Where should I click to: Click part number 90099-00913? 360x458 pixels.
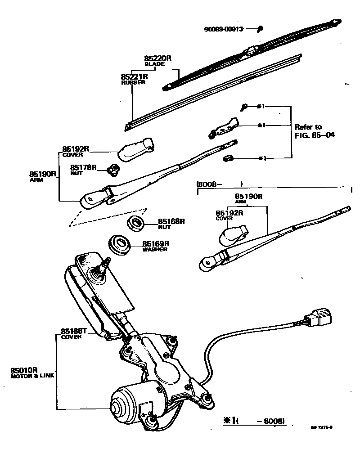[x=223, y=29]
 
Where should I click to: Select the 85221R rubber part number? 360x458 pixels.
[x=135, y=77]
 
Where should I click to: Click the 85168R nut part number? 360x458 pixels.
[x=171, y=222]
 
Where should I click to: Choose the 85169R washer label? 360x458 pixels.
[x=157, y=243]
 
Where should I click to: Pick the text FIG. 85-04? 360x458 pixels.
[x=315, y=135]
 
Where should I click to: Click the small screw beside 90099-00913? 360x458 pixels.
[x=261, y=29]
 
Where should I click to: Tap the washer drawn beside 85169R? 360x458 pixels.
[x=120, y=244]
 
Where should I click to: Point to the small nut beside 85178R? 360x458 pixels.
[x=114, y=169]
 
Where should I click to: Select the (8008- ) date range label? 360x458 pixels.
[x=219, y=184]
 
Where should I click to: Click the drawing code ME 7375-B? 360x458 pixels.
[x=321, y=428]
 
